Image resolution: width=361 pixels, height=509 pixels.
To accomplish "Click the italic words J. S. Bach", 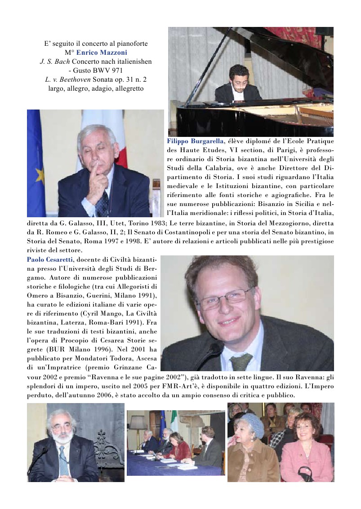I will [54, 61].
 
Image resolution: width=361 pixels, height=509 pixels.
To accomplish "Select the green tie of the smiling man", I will [242, 362].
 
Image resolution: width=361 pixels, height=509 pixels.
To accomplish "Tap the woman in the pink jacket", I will [308, 453].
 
